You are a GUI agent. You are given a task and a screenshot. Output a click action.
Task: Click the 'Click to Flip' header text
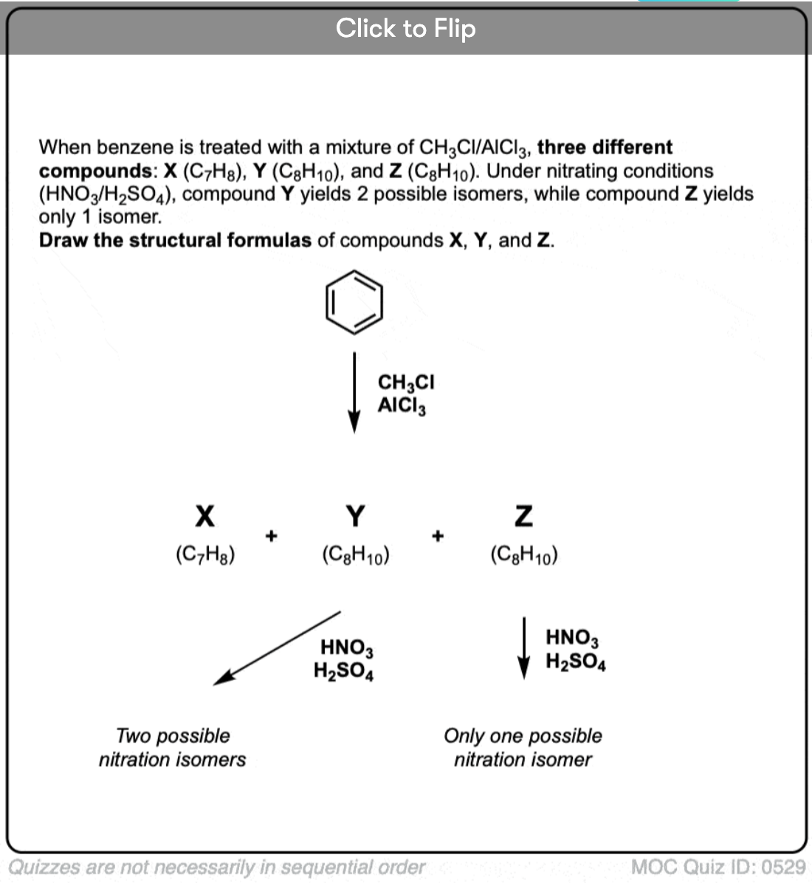(405, 29)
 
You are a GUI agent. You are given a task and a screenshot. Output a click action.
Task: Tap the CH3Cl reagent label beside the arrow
(406, 382)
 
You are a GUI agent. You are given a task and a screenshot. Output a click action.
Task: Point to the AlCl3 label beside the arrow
(402, 405)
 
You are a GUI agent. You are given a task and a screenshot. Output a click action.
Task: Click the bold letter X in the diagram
(204, 515)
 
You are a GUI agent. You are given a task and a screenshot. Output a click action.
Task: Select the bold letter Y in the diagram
(355, 515)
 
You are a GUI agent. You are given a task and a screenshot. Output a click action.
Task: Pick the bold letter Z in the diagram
(523, 515)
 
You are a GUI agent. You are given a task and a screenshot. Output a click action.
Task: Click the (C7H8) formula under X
(205, 554)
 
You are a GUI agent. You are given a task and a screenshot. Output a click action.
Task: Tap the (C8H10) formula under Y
(356, 554)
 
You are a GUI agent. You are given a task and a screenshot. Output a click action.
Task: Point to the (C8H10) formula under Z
(524, 554)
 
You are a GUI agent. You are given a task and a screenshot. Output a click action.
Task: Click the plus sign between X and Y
(271, 535)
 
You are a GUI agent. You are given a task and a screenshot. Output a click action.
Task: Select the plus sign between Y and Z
(438, 535)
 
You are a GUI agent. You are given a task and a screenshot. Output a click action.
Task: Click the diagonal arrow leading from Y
(277, 648)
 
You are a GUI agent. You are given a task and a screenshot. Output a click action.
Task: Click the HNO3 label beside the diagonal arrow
(346, 648)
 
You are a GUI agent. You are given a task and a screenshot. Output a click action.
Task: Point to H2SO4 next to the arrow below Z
(576, 662)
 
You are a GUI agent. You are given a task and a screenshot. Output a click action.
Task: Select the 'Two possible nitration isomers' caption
(172, 747)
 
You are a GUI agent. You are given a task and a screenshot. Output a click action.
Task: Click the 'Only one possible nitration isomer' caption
(523, 747)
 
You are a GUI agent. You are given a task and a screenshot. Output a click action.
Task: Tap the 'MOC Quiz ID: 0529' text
(718, 866)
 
